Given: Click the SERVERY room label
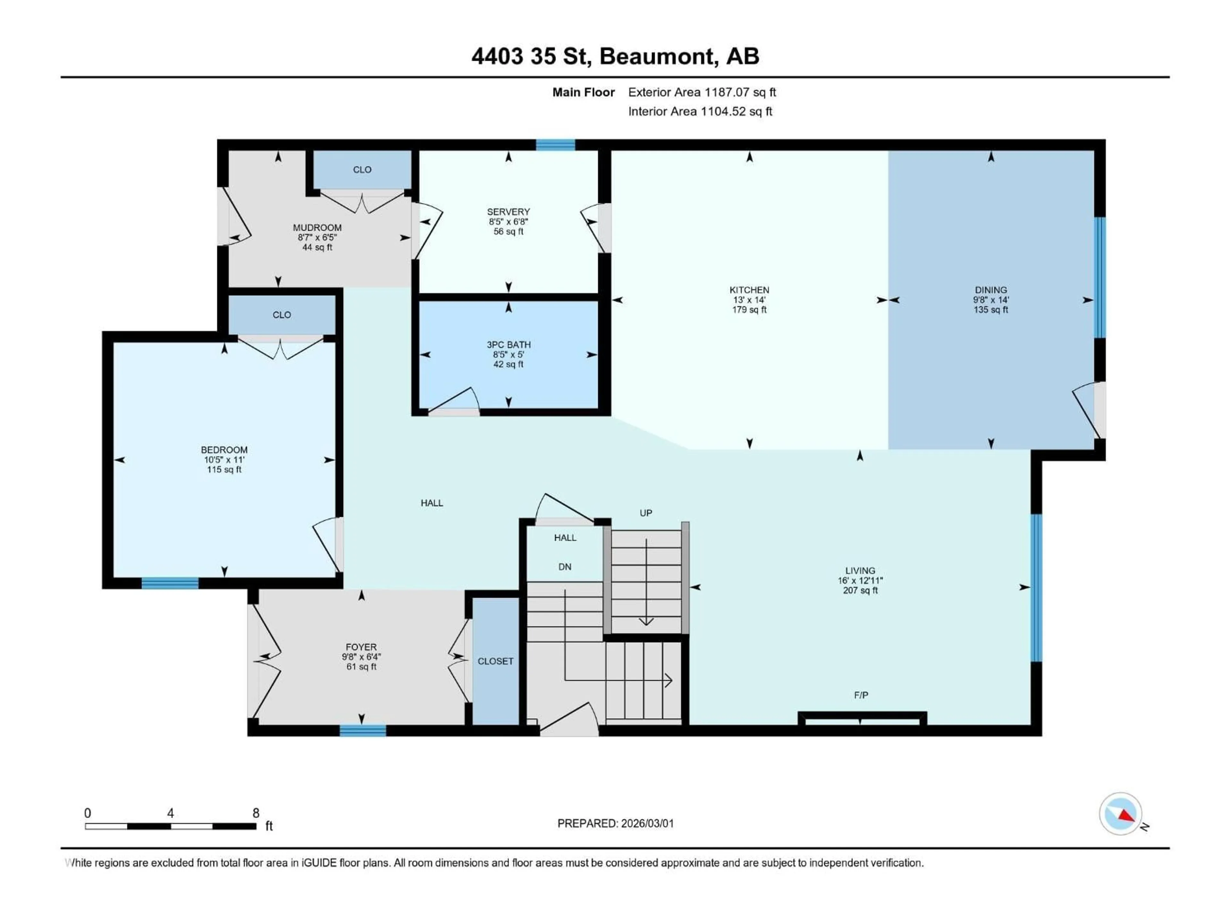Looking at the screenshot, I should [508, 212].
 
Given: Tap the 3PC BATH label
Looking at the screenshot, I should [508, 345].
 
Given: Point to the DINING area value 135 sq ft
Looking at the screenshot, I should [991, 310].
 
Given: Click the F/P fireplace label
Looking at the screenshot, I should [860, 695].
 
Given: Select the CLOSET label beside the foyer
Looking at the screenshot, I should [495, 661].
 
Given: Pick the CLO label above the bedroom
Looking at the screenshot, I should [281, 315].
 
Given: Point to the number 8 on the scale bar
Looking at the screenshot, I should [256, 813].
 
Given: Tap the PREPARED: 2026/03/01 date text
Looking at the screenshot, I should [615, 823].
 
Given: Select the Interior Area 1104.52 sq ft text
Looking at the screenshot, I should [700, 111].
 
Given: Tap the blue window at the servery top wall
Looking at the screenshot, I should [556, 145].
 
